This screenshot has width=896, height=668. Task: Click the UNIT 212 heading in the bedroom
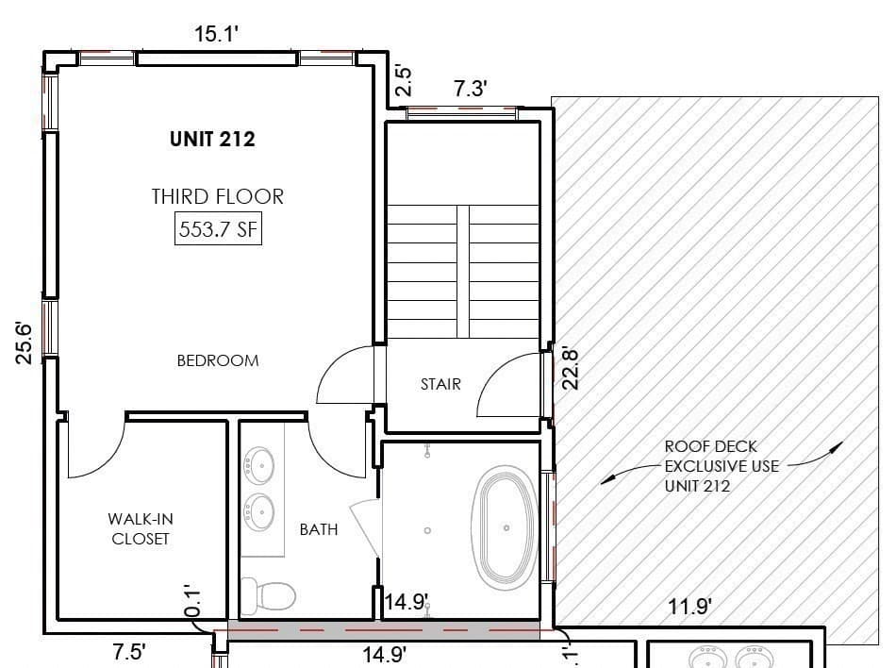[x=212, y=140]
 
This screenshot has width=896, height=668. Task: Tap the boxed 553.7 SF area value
[x=218, y=229]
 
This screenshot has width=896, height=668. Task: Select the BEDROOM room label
[x=218, y=360]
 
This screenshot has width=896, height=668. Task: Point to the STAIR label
[x=440, y=384]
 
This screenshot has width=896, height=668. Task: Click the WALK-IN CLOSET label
[x=141, y=528]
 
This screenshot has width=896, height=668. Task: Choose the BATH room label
[x=319, y=529]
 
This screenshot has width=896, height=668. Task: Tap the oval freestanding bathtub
[x=505, y=528]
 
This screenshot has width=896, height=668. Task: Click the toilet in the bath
[x=268, y=594]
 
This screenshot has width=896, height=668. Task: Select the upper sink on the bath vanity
[x=258, y=466]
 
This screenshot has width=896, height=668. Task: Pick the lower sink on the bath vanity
[x=258, y=512]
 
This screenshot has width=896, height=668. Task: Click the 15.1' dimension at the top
[x=216, y=34]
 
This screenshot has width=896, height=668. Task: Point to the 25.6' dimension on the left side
[x=25, y=343]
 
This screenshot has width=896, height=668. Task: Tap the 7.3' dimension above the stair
[x=471, y=89]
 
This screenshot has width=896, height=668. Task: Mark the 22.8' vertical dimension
[x=571, y=369]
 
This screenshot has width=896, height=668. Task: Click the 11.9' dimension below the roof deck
[x=690, y=607]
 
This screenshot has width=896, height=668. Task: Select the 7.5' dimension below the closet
[x=128, y=652]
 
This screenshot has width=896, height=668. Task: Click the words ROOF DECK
[x=711, y=446]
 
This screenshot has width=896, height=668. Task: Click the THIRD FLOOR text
[x=218, y=196]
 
